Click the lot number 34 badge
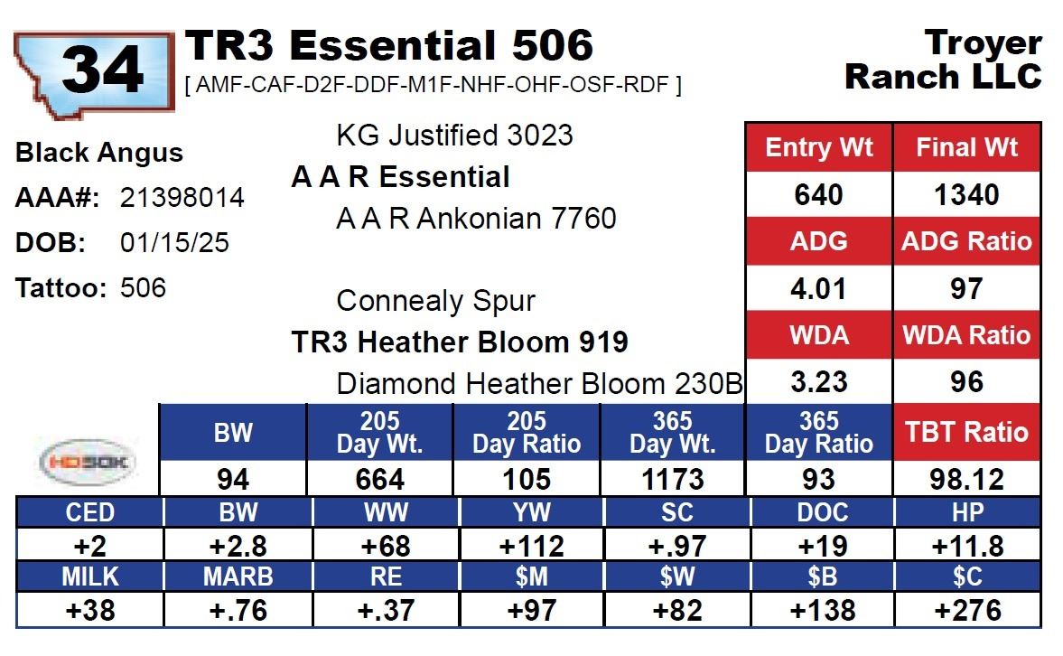tap(94, 73)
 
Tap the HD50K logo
tap(89, 462)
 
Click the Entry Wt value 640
tap(818, 194)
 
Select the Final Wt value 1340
tap(966, 194)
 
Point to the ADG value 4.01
tap(818, 288)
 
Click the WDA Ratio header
tap(966, 335)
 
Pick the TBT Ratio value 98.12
tap(966, 480)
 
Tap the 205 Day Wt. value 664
tap(379, 480)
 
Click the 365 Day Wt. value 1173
tap(673, 480)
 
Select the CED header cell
tap(89, 513)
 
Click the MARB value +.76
tap(238, 611)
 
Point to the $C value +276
tap(967, 611)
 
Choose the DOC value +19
tap(823, 546)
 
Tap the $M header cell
tap(531, 576)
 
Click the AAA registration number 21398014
tap(182, 197)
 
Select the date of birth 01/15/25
tap(174, 242)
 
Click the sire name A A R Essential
tap(400, 177)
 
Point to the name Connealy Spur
tap(436, 301)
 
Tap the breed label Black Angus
tap(99, 153)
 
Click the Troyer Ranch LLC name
tap(943, 60)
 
